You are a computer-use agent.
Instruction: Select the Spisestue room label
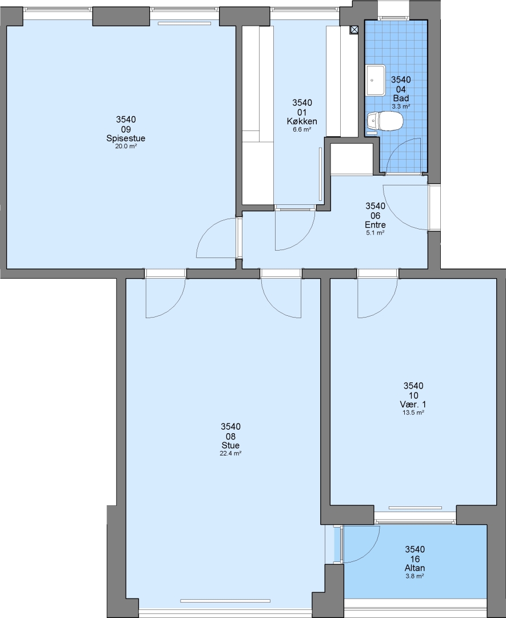[126, 138]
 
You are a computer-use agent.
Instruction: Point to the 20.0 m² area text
[126, 146]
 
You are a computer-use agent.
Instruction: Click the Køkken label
[302, 121]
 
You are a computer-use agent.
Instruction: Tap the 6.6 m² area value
[302, 129]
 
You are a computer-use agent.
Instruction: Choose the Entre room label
[375, 225]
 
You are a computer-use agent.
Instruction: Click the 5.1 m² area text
[375, 233]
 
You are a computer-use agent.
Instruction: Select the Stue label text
[230, 446]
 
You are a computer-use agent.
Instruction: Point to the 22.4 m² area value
[230, 454]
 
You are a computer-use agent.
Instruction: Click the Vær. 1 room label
[413, 405]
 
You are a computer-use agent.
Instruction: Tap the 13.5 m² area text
[413, 413]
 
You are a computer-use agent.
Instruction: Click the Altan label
[415, 568]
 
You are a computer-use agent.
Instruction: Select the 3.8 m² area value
[415, 576]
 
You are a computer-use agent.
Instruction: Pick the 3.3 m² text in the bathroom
[401, 106]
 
